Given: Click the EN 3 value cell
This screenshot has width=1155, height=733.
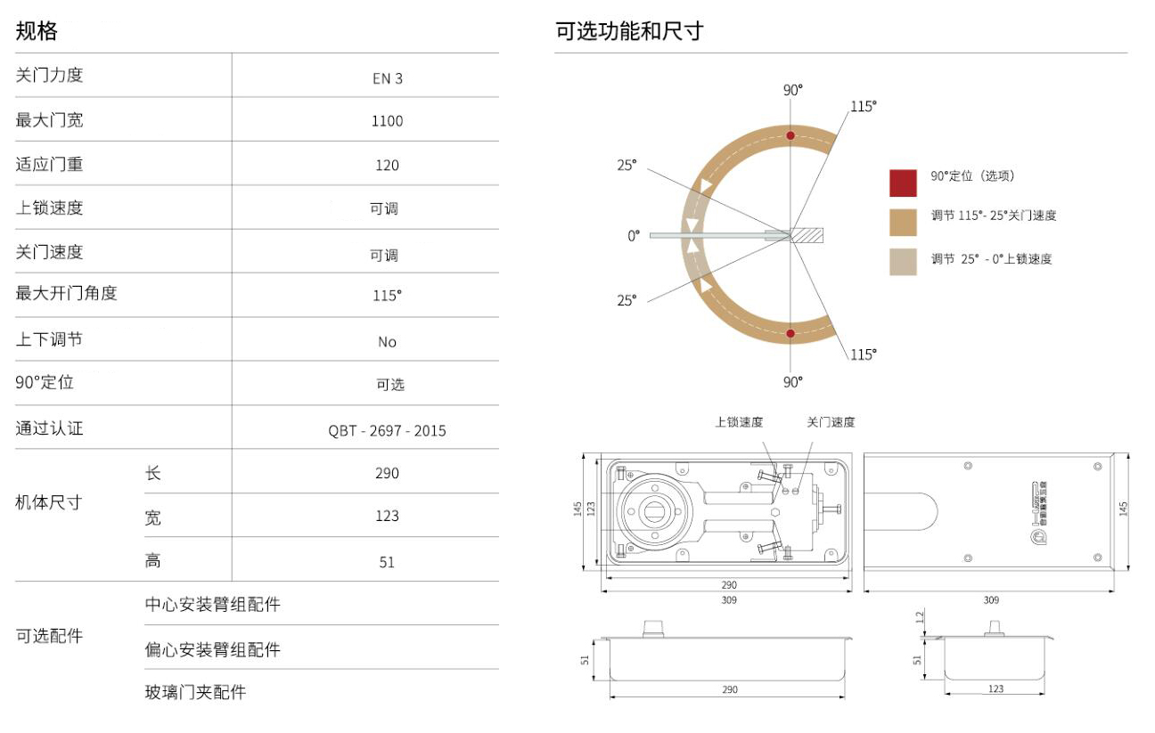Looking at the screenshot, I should [387, 78].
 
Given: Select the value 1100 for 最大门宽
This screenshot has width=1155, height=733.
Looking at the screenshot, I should [387, 121].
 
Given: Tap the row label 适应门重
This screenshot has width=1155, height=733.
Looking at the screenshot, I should [50, 164].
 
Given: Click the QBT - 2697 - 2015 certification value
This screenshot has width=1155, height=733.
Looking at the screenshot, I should [387, 431].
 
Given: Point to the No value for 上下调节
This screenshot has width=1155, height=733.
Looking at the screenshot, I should [387, 342].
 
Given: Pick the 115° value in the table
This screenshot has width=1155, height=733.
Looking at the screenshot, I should [387, 297].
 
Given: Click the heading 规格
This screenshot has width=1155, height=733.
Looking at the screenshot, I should [37, 32].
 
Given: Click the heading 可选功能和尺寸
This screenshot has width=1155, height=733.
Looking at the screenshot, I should [629, 32].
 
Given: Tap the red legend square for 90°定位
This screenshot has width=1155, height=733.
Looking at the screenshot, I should [903, 183].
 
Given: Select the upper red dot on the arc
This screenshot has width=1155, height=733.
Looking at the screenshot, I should [790, 135].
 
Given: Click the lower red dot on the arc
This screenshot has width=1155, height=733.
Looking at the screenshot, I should [790, 334].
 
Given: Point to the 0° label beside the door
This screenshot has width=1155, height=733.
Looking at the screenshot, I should [634, 236].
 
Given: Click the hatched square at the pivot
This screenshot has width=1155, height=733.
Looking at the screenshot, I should [807, 235].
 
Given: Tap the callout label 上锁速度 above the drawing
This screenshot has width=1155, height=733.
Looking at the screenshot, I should [739, 422].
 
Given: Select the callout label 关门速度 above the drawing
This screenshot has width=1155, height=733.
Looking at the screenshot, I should [831, 422].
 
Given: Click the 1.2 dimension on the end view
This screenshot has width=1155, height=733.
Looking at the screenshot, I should [920, 617].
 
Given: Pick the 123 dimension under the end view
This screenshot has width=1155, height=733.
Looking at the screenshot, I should [995, 688].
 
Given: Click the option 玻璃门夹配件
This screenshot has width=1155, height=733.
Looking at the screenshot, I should [195, 692].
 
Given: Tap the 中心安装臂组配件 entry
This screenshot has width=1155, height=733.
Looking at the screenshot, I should [212, 605].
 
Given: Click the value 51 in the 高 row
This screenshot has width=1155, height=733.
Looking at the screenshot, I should [387, 562].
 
